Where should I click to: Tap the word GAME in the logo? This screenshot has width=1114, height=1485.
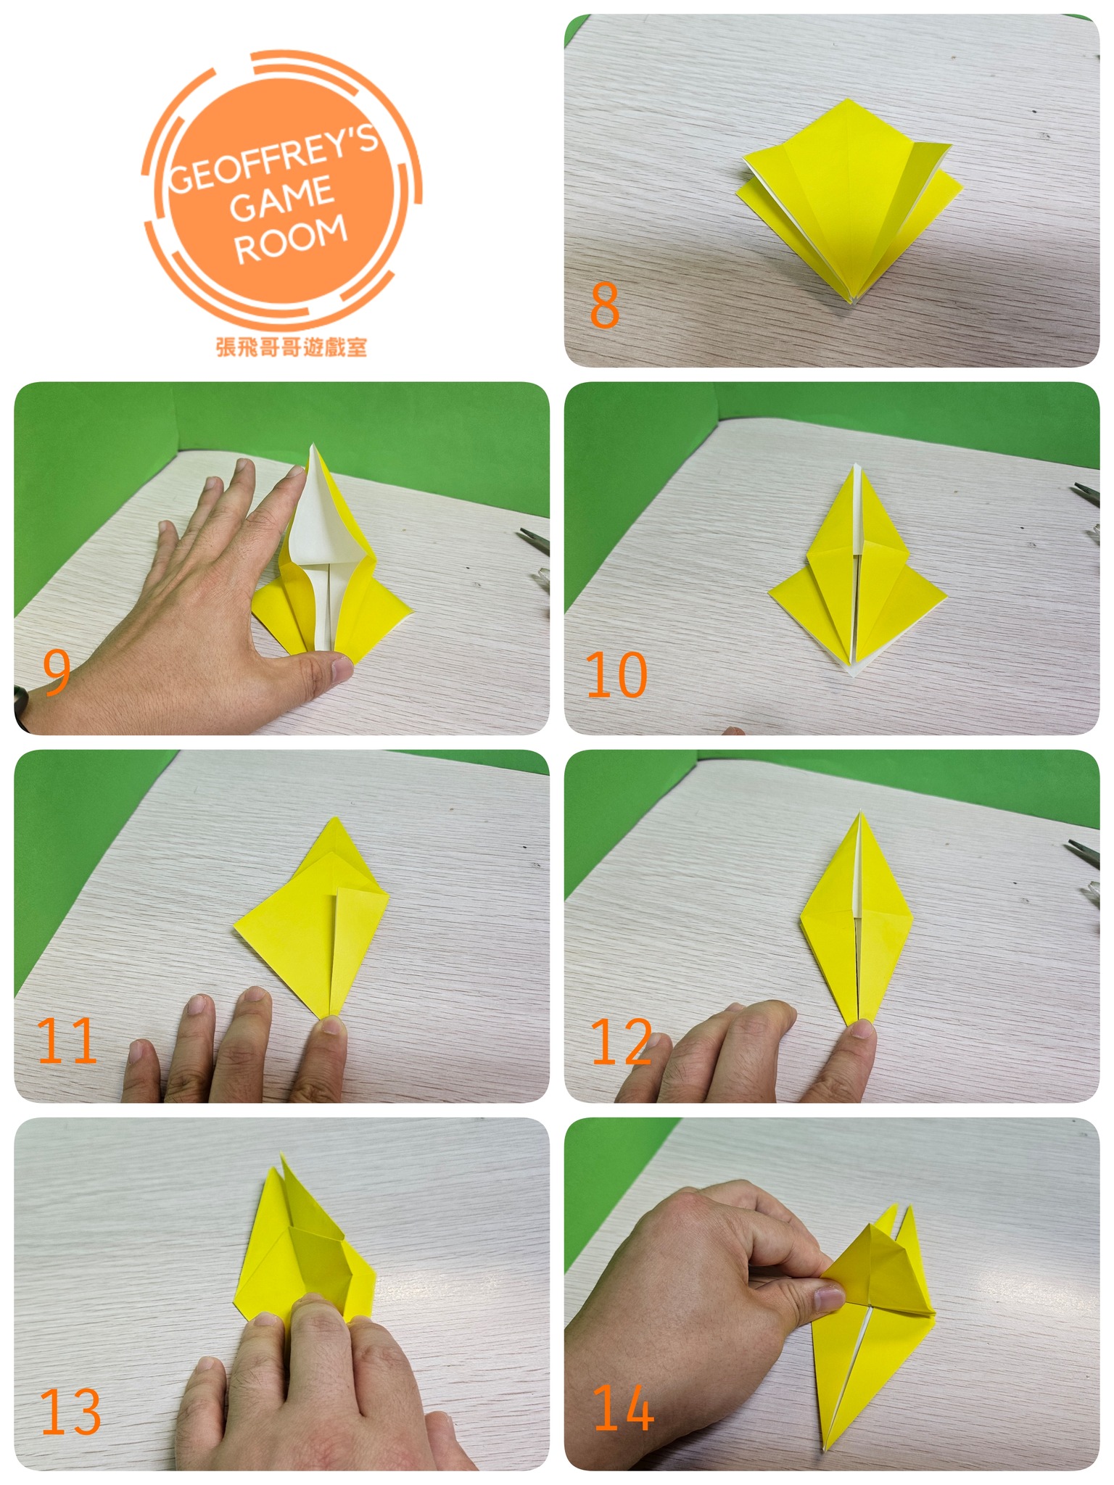282,198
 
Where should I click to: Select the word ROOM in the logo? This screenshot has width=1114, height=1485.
290,239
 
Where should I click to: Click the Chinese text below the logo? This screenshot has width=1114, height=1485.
292,347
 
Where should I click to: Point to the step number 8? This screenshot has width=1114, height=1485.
605,305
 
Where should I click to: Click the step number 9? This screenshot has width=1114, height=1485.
57,672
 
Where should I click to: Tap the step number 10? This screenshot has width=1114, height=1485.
616,675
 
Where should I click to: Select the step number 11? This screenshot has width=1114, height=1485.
67,1041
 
